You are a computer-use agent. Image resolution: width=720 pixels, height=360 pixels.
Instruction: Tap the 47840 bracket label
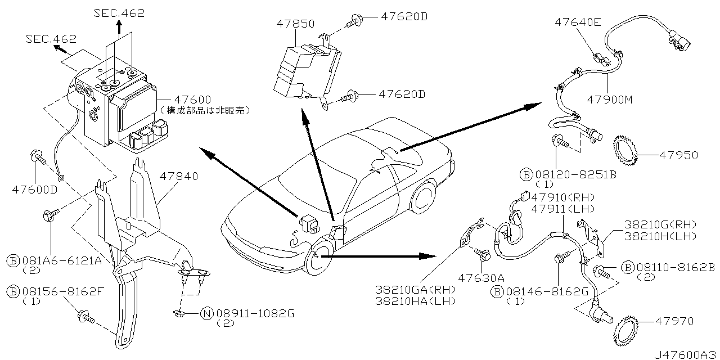(179, 176)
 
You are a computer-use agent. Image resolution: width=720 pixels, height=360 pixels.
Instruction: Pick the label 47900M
(610, 100)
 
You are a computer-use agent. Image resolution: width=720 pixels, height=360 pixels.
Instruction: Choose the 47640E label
(578, 22)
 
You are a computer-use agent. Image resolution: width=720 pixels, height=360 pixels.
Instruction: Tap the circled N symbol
(206, 313)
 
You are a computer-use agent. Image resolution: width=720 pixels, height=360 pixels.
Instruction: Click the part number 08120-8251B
(575, 174)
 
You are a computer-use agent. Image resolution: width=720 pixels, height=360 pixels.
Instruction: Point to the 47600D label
(35, 189)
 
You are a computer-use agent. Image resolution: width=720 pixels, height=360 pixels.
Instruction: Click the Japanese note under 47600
(204, 110)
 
